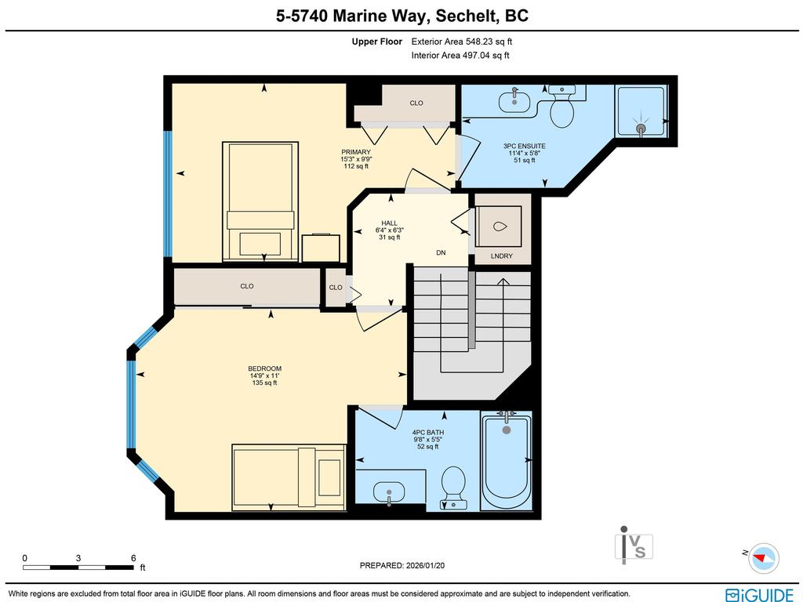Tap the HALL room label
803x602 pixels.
point(389,223)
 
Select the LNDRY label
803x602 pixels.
point(501,256)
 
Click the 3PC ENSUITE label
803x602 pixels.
point(525,146)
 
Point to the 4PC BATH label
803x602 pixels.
point(427,432)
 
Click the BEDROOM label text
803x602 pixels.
point(264,368)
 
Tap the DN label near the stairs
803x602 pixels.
point(441,252)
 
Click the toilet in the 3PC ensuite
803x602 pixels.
point(561,110)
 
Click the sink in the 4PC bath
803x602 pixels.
point(390,493)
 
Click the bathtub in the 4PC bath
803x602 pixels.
point(507,462)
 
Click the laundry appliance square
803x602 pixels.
point(499,227)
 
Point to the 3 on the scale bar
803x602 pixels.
point(78,558)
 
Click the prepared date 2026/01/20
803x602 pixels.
point(407,565)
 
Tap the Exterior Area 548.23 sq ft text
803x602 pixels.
point(461,42)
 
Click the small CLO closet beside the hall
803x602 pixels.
point(336,288)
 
